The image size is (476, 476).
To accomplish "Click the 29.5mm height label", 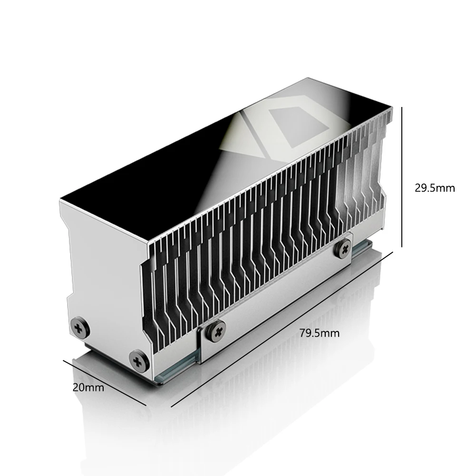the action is (435, 188).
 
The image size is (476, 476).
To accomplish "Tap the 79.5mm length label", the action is (320, 333).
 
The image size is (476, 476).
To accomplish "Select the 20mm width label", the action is (88, 388).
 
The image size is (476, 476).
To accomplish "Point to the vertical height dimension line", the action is (402, 177).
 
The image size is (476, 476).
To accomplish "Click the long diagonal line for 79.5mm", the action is (282, 329).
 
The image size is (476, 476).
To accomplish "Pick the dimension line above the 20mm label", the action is (105, 383).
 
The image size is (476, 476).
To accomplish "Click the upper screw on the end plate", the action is (80, 328).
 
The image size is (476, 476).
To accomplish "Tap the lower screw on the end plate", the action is (138, 361).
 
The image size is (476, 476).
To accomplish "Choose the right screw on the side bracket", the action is (344, 248).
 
